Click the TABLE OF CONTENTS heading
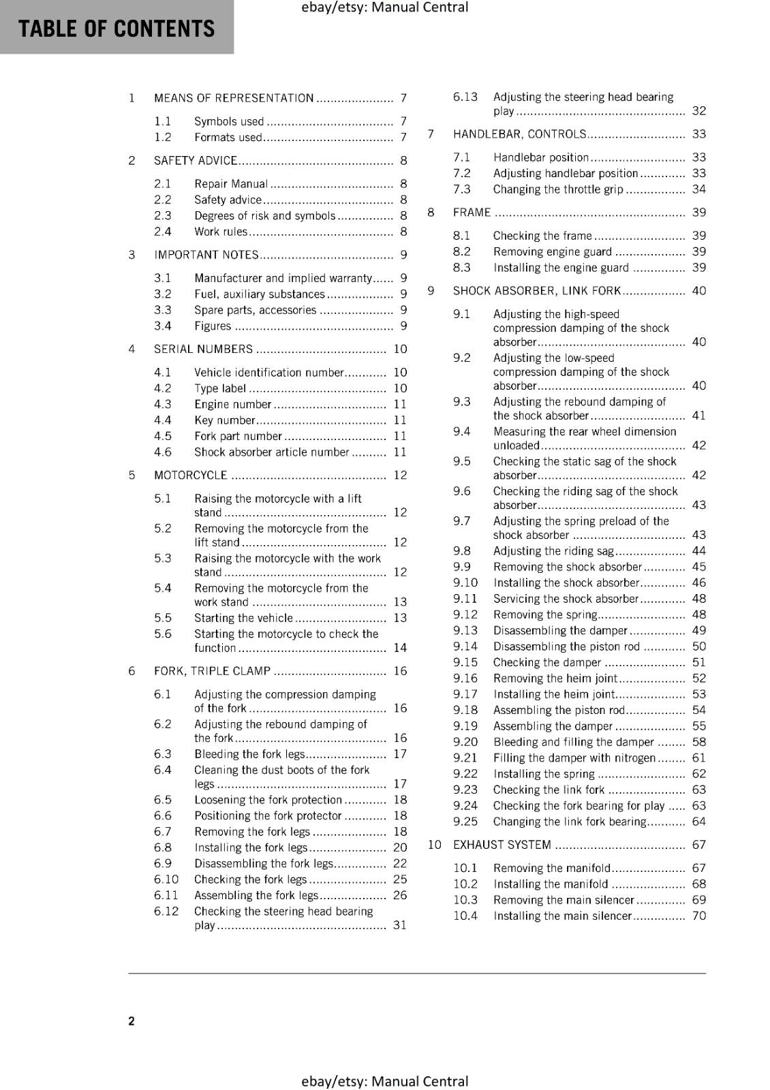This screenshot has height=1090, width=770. (x=117, y=29)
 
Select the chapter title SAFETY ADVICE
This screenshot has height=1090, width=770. (x=196, y=161)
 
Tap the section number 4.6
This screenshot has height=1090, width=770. (x=163, y=452)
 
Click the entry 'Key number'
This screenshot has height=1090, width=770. (x=224, y=420)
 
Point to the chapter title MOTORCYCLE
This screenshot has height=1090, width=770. (x=191, y=476)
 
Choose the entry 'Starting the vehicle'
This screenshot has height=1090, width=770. (x=243, y=618)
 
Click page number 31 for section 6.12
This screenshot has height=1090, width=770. (x=400, y=925)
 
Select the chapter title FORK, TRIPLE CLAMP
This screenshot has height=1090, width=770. (x=213, y=671)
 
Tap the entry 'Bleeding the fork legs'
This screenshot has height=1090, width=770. (x=249, y=754)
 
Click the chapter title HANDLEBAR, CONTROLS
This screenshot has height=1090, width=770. (x=519, y=134)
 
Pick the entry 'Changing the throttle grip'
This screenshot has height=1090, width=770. (x=558, y=189)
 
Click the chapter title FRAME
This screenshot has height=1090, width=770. (x=472, y=213)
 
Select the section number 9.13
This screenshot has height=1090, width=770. (x=465, y=631)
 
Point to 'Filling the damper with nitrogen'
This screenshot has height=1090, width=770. (x=574, y=758)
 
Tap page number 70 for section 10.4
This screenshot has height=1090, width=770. (x=699, y=916)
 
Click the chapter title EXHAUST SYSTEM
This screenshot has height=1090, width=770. (x=502, y=845)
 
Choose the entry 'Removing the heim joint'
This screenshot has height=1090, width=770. (x=555, y=679)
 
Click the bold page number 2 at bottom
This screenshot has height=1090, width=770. (x=132, y=1021)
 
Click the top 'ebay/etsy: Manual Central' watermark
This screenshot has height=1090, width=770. (x=384, y=7)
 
